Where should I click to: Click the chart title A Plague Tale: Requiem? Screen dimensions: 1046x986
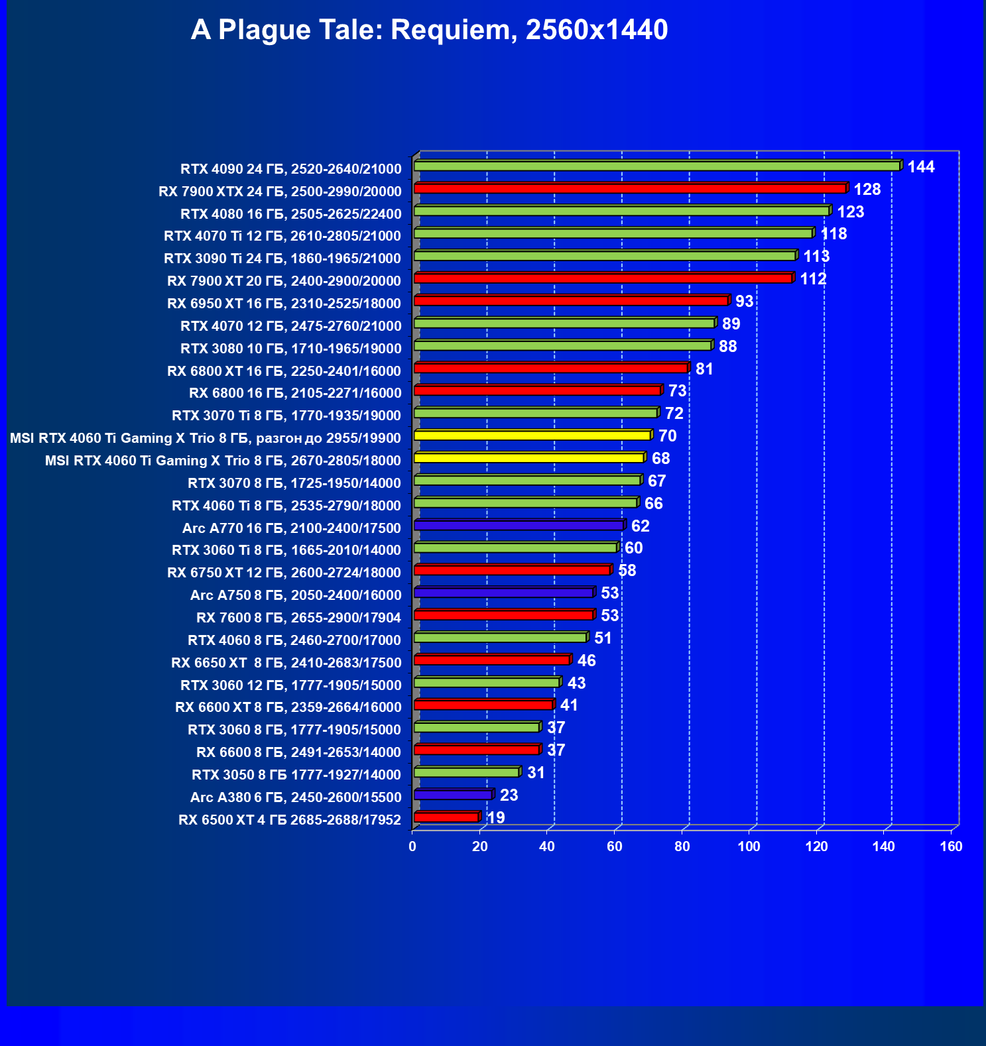pos(429,30)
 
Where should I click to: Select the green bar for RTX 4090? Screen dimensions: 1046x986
pos(656,166)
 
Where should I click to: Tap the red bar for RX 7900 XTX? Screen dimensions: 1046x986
pos(630,188)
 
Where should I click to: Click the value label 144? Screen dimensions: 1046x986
pos(921,167)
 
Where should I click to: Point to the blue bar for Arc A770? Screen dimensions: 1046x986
pos(519,525)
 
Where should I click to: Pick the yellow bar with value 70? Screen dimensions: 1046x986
pos(532,436)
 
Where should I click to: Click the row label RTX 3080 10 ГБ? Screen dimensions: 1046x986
pos(290,349)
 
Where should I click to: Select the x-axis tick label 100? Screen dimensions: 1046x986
pos(749,846)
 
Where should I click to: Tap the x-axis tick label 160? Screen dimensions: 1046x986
pos(951,846)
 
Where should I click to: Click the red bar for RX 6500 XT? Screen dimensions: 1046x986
pos(446,817)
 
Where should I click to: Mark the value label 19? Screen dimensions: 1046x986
pos(496,818)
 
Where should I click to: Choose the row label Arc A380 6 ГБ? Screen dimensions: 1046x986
pos(296,797)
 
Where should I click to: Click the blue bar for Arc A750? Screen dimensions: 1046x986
pos(503,593)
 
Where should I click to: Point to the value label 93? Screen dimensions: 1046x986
pos(744,302)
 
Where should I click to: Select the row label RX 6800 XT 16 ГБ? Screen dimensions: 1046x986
pos(284,371)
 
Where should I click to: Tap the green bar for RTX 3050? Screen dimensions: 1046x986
pos(466,772)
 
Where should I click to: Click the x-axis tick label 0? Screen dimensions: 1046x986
pos(412,846)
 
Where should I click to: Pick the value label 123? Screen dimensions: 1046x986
pos(851,212)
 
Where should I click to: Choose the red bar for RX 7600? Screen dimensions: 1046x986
pos(503,615)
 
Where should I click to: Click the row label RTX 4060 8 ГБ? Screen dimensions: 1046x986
pos(294,640)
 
